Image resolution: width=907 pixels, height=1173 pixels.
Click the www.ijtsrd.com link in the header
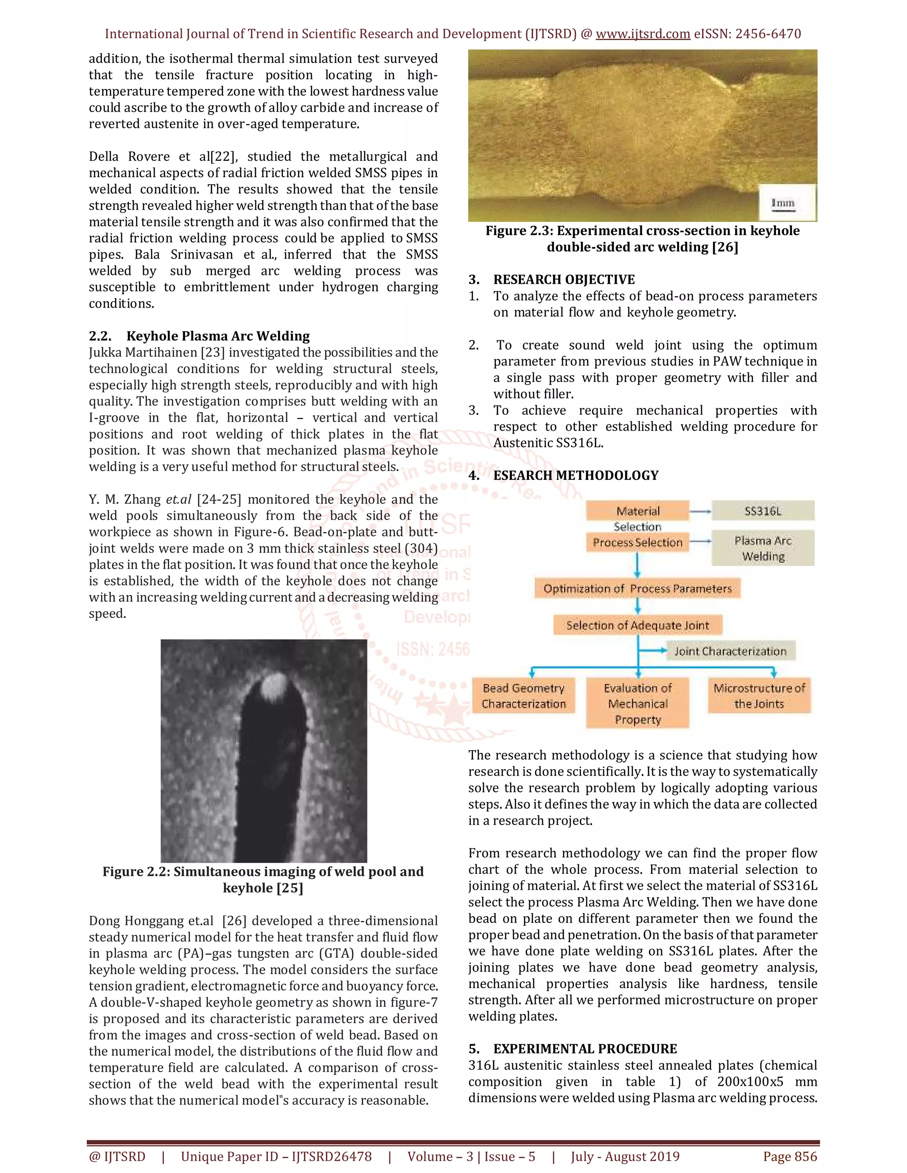coord(643,34)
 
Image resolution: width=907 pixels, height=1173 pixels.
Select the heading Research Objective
coord(564,279)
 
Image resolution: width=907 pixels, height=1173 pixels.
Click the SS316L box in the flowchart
coord(763,511)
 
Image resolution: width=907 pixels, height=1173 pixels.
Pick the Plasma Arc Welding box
coord(763,548)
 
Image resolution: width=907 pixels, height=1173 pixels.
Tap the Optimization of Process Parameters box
coord(637,589)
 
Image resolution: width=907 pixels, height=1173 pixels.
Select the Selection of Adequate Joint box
coord(637,625)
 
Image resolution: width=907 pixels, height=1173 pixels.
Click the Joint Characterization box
coord(730,652)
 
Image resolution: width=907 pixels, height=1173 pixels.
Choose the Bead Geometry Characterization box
coord(523,695)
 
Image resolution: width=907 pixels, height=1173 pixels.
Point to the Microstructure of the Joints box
coord(759,695)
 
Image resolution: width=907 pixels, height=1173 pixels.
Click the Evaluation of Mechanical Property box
coord(637,704)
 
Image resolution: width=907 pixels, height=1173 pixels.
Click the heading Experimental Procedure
coord(585,1049)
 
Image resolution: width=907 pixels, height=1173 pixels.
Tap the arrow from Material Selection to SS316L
coord(700,511)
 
